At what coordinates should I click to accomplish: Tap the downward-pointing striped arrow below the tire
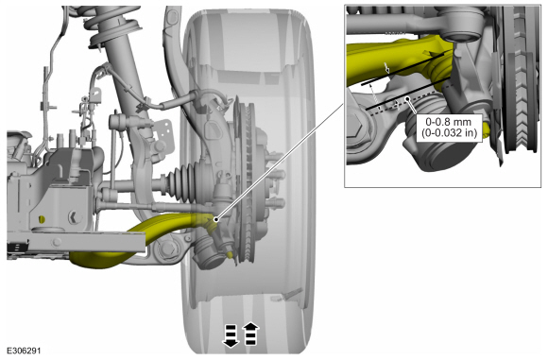click(x=231, y=335)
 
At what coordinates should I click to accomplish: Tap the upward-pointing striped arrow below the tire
click(x=251, y=334)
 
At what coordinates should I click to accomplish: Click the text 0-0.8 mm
click(x=449, y=122)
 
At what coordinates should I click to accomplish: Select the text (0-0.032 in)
click(x=449, y=133)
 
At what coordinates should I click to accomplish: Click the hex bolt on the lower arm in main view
click(x=168, y=249)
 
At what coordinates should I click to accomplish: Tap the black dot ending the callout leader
click(x=216, y=219)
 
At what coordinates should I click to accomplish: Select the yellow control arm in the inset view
click(x=399, y=61)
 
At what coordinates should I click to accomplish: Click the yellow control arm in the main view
click(x=140, y=241)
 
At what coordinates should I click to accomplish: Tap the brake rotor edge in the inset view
click(x=521, y=80)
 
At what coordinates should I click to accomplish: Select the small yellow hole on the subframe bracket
click(x=42, y=219)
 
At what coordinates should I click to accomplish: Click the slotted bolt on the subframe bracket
click(x=75, y=217)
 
